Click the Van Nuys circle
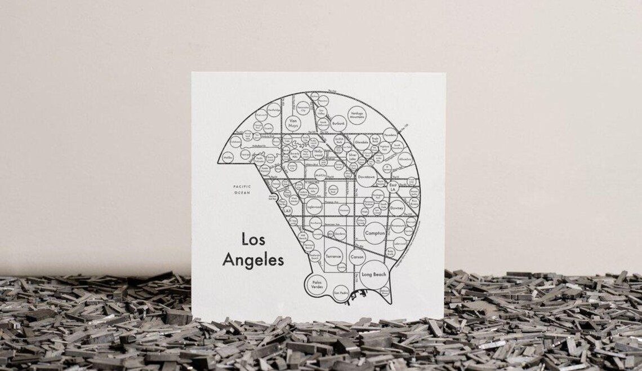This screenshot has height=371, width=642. pos(292,123)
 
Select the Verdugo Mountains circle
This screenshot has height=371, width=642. pos(360,115)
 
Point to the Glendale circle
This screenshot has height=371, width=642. pos(362,143)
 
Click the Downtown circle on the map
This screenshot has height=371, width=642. pos(367,176)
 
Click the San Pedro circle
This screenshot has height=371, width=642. pos(341,293)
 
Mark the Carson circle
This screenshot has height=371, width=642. pos(357,257)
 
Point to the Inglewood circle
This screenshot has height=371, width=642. pos(314,207)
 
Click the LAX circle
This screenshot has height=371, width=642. pos(287,211)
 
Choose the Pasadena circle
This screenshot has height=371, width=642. pos(391,135)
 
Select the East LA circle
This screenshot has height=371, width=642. pos(393,187)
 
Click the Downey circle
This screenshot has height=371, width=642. pos(397,207)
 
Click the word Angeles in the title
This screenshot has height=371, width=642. pos(253,260)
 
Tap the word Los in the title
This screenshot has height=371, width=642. pos(253,239)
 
